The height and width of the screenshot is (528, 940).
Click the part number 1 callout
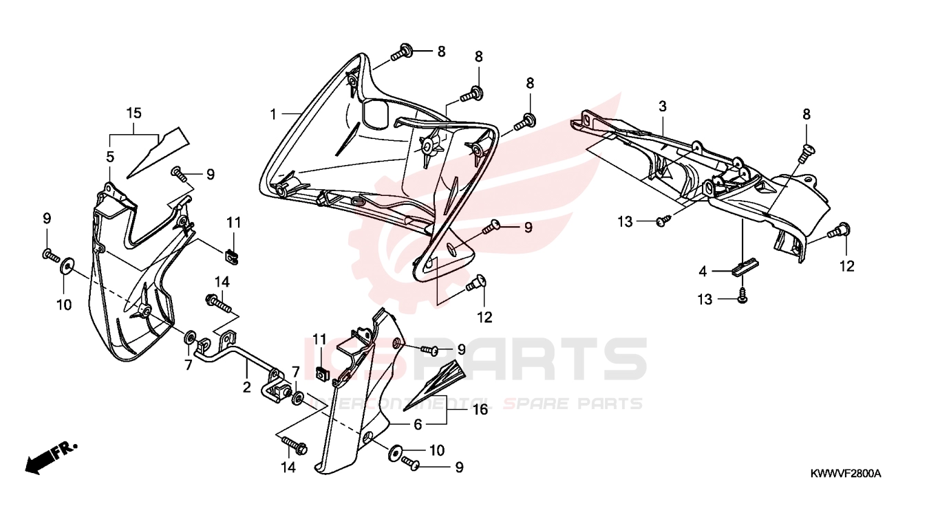point(273,114)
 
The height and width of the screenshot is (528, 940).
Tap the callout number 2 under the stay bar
point(247,386)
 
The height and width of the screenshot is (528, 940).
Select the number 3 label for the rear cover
point(662,107)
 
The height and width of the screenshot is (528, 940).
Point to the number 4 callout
point(703,272)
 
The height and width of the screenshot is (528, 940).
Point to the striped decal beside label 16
point(435,384)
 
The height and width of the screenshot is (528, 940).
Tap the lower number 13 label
point(705,300)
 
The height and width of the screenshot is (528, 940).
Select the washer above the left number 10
point(66,267)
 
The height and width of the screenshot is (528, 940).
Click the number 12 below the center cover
point(484,318)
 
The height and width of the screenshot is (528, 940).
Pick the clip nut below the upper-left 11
point(232,256)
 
